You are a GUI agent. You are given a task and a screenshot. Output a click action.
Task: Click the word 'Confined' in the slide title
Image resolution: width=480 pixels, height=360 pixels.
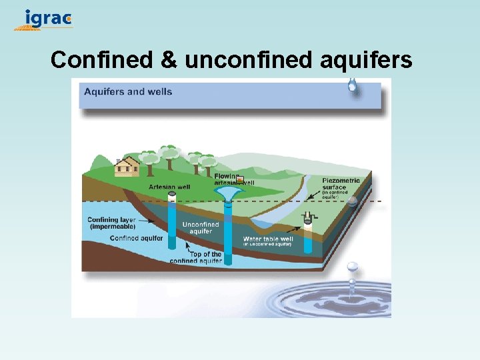pos(102,60)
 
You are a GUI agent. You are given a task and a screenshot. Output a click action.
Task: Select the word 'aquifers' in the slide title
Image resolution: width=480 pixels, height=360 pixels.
pos(366,61)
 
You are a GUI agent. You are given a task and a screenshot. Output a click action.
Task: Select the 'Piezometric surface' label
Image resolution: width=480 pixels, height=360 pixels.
pos(341,184)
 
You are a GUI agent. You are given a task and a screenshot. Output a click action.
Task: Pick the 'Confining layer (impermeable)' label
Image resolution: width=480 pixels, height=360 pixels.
pos(111,223)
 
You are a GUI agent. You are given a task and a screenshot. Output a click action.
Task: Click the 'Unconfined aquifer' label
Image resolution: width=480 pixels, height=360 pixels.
pos(201,228)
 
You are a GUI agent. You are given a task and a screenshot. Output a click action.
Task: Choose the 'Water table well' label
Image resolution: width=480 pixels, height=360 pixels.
pos(268,239)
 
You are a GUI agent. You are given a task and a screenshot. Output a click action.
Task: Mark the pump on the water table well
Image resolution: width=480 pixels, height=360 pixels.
pos(308,217)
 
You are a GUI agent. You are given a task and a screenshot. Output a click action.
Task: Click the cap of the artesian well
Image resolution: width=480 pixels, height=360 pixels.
pos(172,195)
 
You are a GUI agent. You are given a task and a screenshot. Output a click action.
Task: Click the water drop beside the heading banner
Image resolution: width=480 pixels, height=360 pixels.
pos(352,85)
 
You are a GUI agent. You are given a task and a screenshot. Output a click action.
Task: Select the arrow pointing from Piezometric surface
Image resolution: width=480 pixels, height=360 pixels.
pos(311,191)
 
